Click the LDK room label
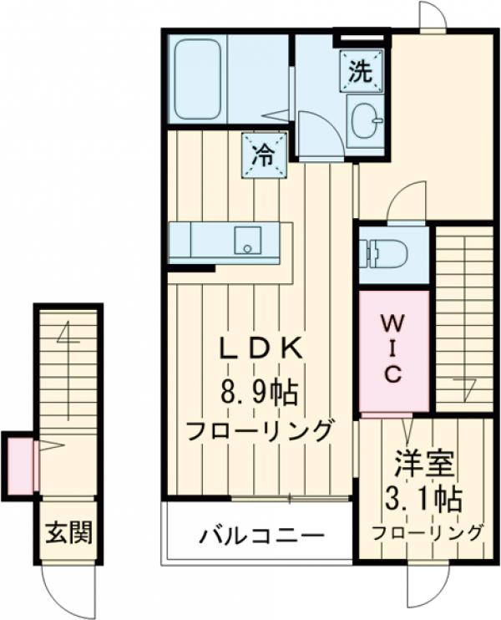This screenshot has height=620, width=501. pyautogui.click(x=259, y=349)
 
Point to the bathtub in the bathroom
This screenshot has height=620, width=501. pyautogui.click(x=198, y=78)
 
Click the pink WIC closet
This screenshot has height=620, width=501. pyautogui.click(x=393, y=351)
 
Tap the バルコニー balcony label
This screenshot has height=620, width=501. pyautogui.click(x=260, y=535)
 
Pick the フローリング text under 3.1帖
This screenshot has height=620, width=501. pyautogui.click(x=427, y=532)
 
